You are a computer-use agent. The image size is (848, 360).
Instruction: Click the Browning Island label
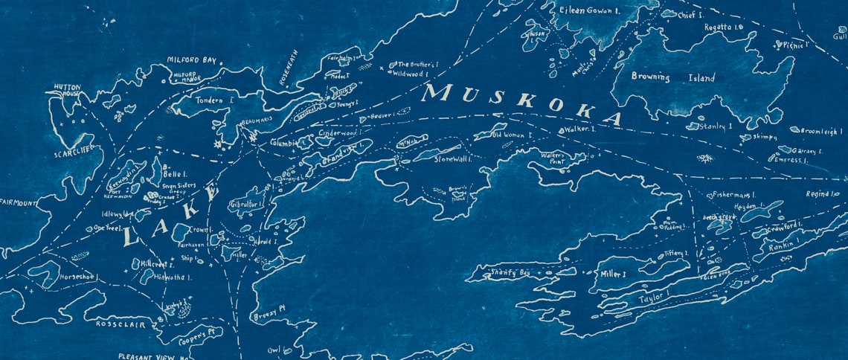672,77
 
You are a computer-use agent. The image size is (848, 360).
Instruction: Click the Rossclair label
120,324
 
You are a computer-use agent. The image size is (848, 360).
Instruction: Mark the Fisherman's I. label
734,194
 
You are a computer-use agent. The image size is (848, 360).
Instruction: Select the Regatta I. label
725,27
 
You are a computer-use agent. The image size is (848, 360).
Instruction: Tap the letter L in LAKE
132,238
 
